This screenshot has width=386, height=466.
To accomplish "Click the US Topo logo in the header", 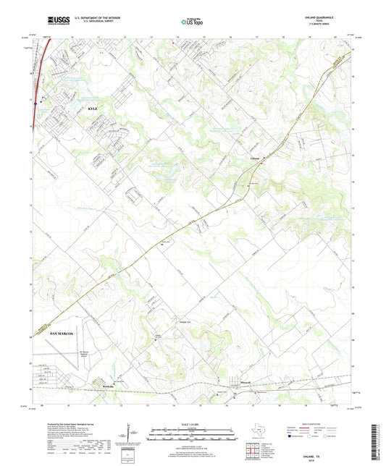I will [190, 22].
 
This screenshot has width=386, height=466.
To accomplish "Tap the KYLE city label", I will [92, 108].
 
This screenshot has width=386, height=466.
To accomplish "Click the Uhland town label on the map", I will [254, 155].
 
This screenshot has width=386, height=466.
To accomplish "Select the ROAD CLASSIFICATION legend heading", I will [310, 424].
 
